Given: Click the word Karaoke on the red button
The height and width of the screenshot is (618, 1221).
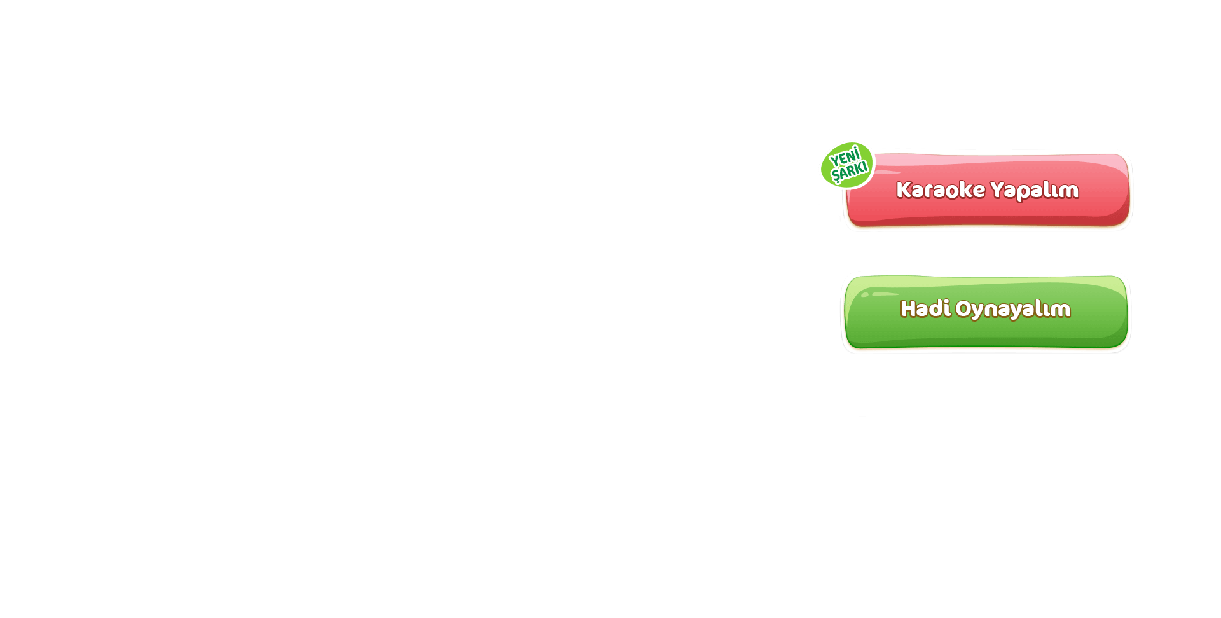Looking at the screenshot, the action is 941,189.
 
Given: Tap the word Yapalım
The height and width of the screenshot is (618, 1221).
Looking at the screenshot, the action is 1035,190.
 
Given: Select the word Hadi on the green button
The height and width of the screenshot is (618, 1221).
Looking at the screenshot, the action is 925,308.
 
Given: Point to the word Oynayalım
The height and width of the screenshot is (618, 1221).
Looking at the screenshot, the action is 1013,309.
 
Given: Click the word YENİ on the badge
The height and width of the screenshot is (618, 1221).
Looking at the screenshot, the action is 845,156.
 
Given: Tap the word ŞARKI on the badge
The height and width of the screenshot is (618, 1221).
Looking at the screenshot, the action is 850,171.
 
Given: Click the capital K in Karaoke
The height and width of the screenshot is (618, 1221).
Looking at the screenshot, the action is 904,189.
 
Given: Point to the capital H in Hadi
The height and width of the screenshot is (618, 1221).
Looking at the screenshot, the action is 908,308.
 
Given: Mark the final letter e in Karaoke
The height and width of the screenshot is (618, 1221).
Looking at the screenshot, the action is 979,191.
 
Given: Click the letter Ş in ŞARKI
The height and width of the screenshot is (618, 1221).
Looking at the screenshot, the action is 836,175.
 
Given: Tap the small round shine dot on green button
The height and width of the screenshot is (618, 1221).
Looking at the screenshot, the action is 865,294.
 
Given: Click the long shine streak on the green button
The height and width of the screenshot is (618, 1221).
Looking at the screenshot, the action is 885,294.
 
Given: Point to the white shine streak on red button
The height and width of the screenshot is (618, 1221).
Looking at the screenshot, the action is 887,172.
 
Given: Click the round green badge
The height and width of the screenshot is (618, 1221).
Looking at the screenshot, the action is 847,165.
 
